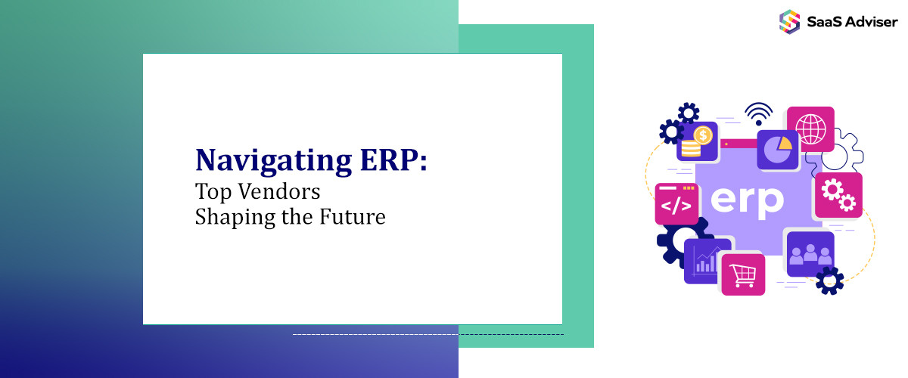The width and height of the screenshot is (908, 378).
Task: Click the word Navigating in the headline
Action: click(x=273, y=161)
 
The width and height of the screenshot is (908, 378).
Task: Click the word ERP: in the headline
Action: click(x=393, y=160)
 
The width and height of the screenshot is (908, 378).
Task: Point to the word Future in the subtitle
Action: click(x=353, y=217)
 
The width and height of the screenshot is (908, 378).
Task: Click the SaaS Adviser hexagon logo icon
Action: click(x=789, y=21)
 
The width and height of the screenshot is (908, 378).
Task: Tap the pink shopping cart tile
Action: click(x=743, y=274)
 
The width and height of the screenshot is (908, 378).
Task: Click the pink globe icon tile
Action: click(x=810, y=129)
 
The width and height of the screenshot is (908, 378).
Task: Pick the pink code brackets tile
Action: click(x=676, y=204)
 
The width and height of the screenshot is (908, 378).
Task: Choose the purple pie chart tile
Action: click(x=778, y=150)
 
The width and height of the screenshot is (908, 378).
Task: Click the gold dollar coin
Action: click(x=703, y=136)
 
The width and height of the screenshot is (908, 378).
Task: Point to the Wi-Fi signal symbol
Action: click(x=758, y=114)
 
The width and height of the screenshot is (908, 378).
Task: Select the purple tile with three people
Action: click(x=810, y=253)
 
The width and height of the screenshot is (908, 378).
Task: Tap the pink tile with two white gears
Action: click(x=838, y=195)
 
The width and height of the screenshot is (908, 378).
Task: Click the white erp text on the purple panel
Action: click(x=747, y=201)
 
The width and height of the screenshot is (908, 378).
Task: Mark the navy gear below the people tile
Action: click(x=829, y=280)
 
